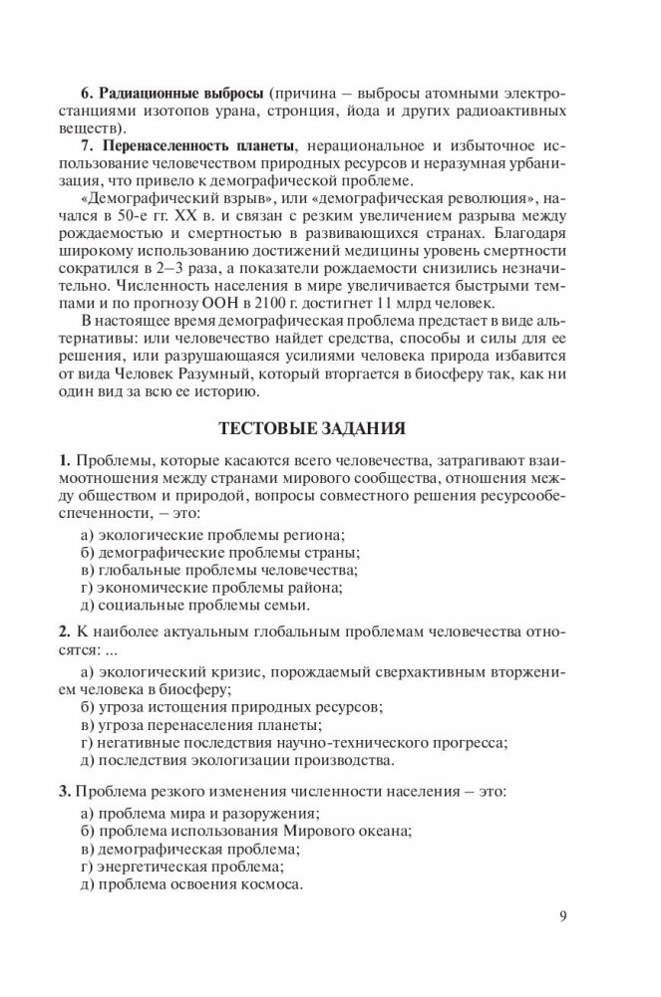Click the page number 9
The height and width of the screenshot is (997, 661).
pyautogui.click(x=564, y=915)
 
